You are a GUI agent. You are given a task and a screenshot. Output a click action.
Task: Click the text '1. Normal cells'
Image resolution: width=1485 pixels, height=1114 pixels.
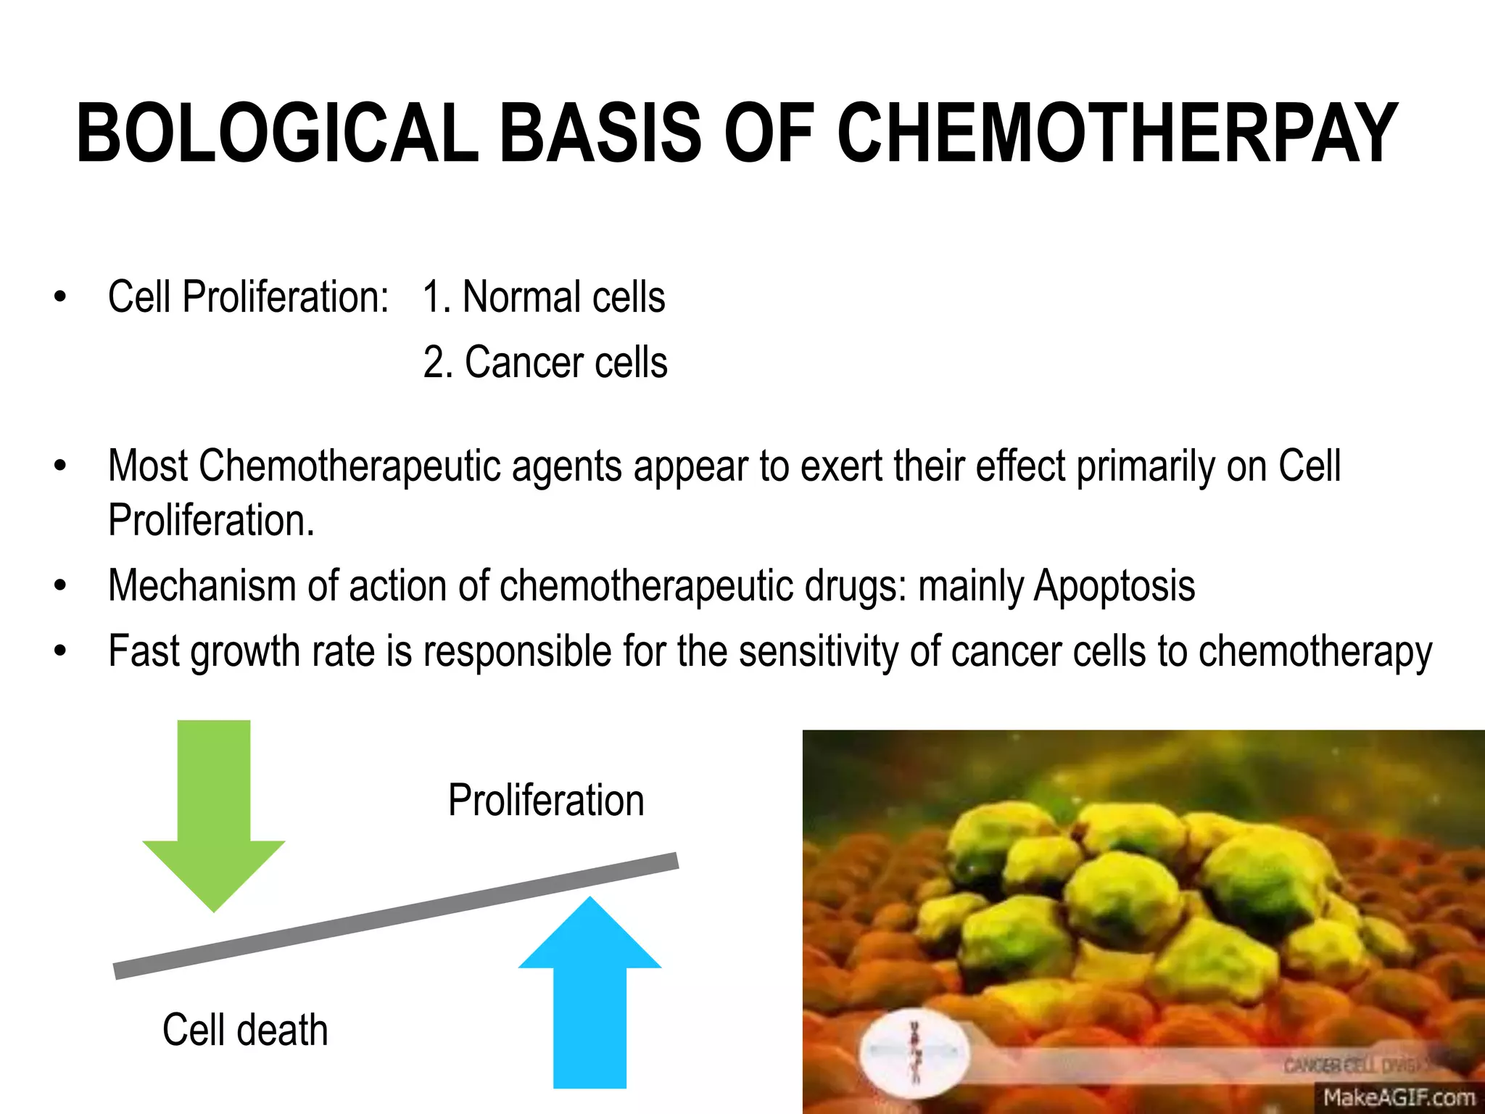coord(544,297)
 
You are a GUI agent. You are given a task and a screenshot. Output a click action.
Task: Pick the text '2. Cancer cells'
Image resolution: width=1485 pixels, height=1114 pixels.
coord(545,363)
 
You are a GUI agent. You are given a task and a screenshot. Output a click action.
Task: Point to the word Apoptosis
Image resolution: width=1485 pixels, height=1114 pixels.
coord(1114,586)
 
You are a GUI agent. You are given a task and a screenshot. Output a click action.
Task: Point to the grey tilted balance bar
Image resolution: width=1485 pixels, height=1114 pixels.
coord(396,916)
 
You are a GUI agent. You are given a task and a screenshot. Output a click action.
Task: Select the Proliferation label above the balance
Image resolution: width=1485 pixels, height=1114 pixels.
coord(546,801)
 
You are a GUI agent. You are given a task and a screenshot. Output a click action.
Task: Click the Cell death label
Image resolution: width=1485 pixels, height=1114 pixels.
coord(245,1030)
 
